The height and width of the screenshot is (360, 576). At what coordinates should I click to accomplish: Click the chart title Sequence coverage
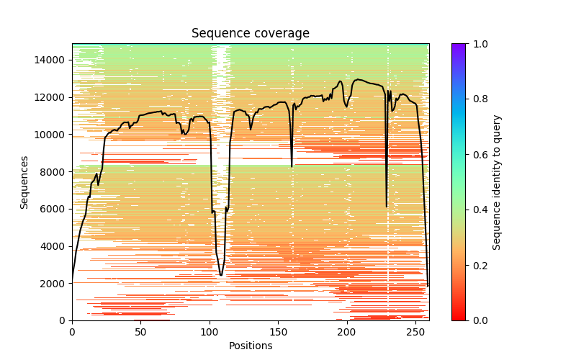pyautogui.click(x=251, y=34)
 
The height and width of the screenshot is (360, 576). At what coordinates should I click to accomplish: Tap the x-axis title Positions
pyautogui.click(x=251, y=346)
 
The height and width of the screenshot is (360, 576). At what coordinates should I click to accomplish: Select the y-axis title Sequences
pyautogui.click(x=24, y=182)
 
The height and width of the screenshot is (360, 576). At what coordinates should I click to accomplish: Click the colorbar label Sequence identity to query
pyautogui.click(x=497, y=182)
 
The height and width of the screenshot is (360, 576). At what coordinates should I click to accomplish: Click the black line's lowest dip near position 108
pyautogui.click(x=221, y=275)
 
